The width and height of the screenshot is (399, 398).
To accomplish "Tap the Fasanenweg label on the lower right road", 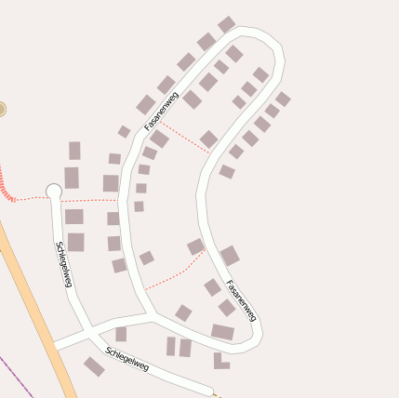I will click(x=241, y=301).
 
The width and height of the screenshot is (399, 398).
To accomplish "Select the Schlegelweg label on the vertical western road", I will click(x=63, y=264).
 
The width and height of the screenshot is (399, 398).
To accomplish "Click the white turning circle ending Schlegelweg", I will click(x=54, y=192).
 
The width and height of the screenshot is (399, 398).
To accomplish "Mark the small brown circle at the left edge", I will click(x=2, y=109).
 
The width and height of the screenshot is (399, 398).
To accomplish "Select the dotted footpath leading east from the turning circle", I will click(x=88, y=199).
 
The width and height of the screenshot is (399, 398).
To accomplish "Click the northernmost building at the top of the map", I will click(x=226, y=24).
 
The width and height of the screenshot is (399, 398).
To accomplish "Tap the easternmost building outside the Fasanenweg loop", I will click(x=283, y=99).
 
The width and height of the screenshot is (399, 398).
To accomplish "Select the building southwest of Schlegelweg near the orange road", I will click(x=94, y=366).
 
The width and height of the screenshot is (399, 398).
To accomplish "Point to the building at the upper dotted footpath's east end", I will click(x=209, y=139).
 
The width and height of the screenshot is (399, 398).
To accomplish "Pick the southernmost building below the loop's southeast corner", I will click(x=219, y=360).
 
